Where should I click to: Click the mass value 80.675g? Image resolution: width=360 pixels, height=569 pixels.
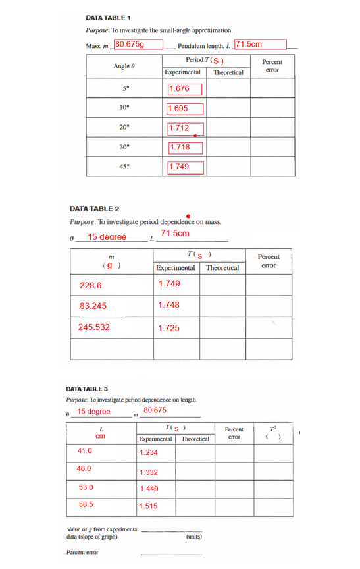[x=130, y=45]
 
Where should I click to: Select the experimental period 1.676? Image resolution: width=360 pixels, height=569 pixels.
[x=180, y=88]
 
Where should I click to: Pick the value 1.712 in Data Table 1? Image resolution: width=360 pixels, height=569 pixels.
[x=180, y=128]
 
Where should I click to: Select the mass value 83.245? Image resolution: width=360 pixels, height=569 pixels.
[x=93, y=306]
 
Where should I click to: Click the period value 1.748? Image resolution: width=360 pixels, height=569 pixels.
[x=169, y=305]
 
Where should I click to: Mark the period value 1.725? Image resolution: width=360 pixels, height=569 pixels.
[x=169, y=327]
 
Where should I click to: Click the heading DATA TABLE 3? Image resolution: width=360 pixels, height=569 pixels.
[x=92, y=389]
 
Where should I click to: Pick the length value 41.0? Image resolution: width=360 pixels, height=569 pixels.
[x=85, y=451]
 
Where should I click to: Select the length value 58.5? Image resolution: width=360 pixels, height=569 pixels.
[x=85, y=503]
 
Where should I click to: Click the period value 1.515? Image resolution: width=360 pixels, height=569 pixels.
[x=149, y=506]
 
